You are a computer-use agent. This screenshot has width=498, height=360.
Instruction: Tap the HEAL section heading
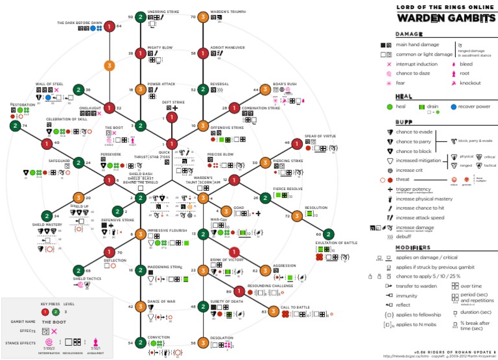click(404, 97)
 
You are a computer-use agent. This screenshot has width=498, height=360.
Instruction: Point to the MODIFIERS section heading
click(414, 248)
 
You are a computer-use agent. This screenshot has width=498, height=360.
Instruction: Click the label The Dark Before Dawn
click(79, 23)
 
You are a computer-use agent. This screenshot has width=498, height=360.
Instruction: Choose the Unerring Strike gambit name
click(164, 12)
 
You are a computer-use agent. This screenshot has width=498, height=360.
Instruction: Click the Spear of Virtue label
click(320, 136)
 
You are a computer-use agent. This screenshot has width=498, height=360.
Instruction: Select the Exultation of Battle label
click(337, 242)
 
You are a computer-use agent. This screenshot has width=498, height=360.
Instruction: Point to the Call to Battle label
click(294, 307)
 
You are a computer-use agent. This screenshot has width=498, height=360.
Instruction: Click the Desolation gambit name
click(222, 338)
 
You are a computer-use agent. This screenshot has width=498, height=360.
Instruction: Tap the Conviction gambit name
click(158, 337)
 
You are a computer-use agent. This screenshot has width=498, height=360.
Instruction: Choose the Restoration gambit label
click(23, 104)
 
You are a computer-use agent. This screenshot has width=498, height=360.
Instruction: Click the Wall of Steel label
click(49, 84)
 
